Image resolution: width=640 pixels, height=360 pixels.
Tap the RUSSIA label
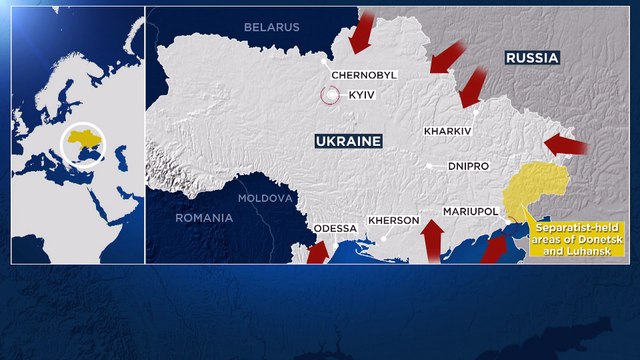click(x=532, y=59)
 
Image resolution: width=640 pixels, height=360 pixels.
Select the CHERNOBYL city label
click(x=365, y=75)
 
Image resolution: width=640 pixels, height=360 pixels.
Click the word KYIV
click(x=361, y=95)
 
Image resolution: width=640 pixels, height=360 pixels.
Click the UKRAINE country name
click(x=348, y=142)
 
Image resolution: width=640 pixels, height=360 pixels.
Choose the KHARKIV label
click(x=446, y=131)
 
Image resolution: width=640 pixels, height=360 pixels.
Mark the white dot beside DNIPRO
click(x=428, y=166)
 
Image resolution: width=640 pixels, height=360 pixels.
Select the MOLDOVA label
click(x=266, y=198)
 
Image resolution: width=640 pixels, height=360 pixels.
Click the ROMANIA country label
click(x=204, y=217)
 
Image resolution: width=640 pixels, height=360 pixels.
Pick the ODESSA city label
click(x=335, y=228)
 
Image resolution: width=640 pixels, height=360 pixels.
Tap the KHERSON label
click(x=393, y=220)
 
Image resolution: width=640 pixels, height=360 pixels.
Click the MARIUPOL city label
click(x=471, y=212)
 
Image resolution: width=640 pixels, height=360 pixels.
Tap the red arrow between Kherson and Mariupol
click(x=432, y=240)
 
